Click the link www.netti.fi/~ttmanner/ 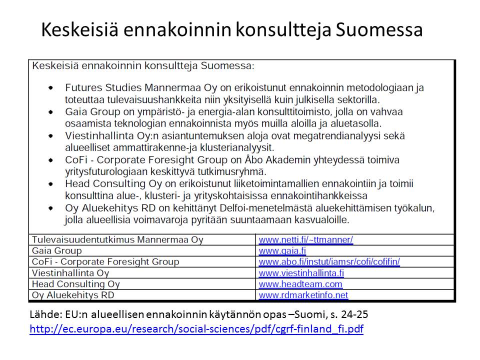click(x=305, y=239)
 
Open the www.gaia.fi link click(x=282, y=250)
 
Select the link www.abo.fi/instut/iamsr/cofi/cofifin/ click(x=329, y=261)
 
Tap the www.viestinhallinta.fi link click(x=301, y=273)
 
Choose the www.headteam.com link click(x=300, y=284)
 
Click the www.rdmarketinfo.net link click(x=303, y=295)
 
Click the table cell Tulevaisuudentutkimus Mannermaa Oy click(x=117, y=239)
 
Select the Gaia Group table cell click(x=56, y=250)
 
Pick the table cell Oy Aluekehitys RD click(x=73, y=295)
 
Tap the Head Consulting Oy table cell click(x=76, y=284)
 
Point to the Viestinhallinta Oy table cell click(x=70, y=273)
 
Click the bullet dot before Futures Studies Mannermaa click(x=51, y=88)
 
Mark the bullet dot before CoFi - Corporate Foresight click(x=51, y=160)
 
